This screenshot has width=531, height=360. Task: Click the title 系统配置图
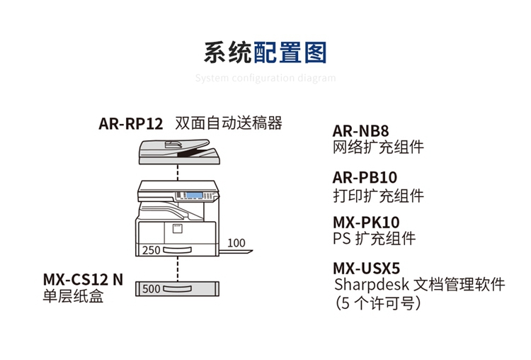click(265, 54)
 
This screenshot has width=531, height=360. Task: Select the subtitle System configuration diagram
click(265, 78)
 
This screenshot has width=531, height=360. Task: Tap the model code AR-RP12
click(131, 124)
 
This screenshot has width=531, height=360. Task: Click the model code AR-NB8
click(361, 131)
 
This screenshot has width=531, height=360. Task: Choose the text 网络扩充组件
click(378, 147)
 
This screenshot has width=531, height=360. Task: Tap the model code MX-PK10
click(366, 223)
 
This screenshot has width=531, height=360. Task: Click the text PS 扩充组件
click(374, 239)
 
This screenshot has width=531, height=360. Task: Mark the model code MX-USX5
click(367, 269)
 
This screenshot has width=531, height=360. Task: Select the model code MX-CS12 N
click(83, 279)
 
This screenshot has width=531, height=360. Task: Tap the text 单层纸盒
click(74, 296)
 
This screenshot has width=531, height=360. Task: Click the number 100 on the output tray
click(236, 243)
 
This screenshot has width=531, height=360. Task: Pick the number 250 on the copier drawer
click(151, 250)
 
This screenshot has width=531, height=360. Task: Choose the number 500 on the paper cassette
click(151, 288)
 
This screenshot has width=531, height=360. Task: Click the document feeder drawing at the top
click(176, 151)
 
